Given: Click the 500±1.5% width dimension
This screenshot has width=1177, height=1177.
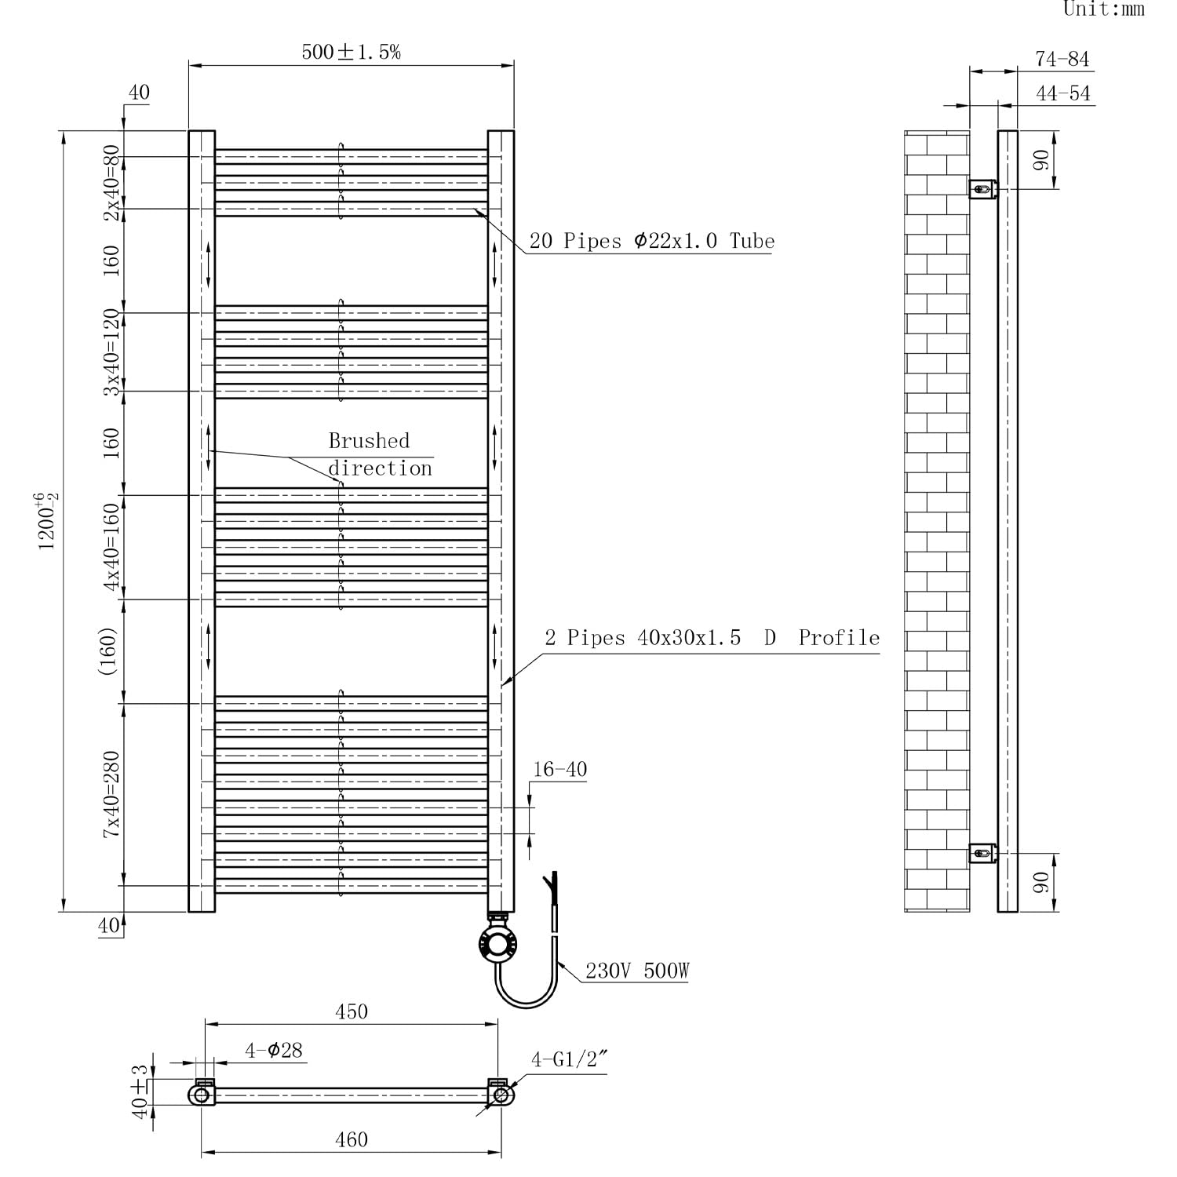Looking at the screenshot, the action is click(x=352, y=53).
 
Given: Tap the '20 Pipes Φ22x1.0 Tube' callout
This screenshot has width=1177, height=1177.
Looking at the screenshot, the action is click(x=652, y=241).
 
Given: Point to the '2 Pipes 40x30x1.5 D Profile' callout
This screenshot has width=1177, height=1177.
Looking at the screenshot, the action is click(x=712, y=638).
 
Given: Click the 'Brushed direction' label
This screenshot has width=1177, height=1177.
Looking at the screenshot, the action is click(x=381, y=454).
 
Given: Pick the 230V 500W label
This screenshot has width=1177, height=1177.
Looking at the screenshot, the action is click(x=637, y=971).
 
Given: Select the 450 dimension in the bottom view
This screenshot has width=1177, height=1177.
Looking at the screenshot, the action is click(x=352, y=1011).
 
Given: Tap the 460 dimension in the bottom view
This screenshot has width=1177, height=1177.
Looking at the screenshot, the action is click(x=352, y=1139).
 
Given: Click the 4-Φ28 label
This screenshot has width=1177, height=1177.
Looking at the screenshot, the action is click(x=274, y=1050).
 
